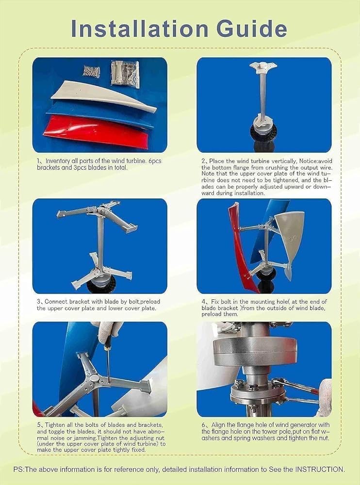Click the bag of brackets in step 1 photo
point(125,73)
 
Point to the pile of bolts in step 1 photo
point(91,71)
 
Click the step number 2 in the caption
point(204,161)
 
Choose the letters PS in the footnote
point(19,469)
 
